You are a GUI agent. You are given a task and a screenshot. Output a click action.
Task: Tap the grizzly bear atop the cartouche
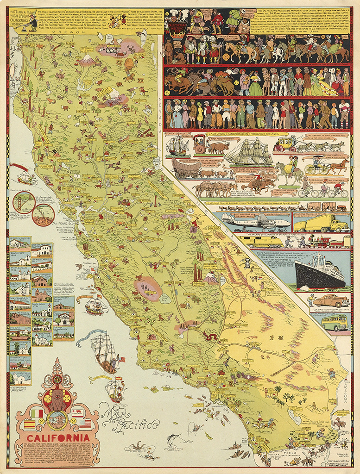tap(57, 399)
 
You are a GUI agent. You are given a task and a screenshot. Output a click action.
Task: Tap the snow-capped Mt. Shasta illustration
tap(87, 60)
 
